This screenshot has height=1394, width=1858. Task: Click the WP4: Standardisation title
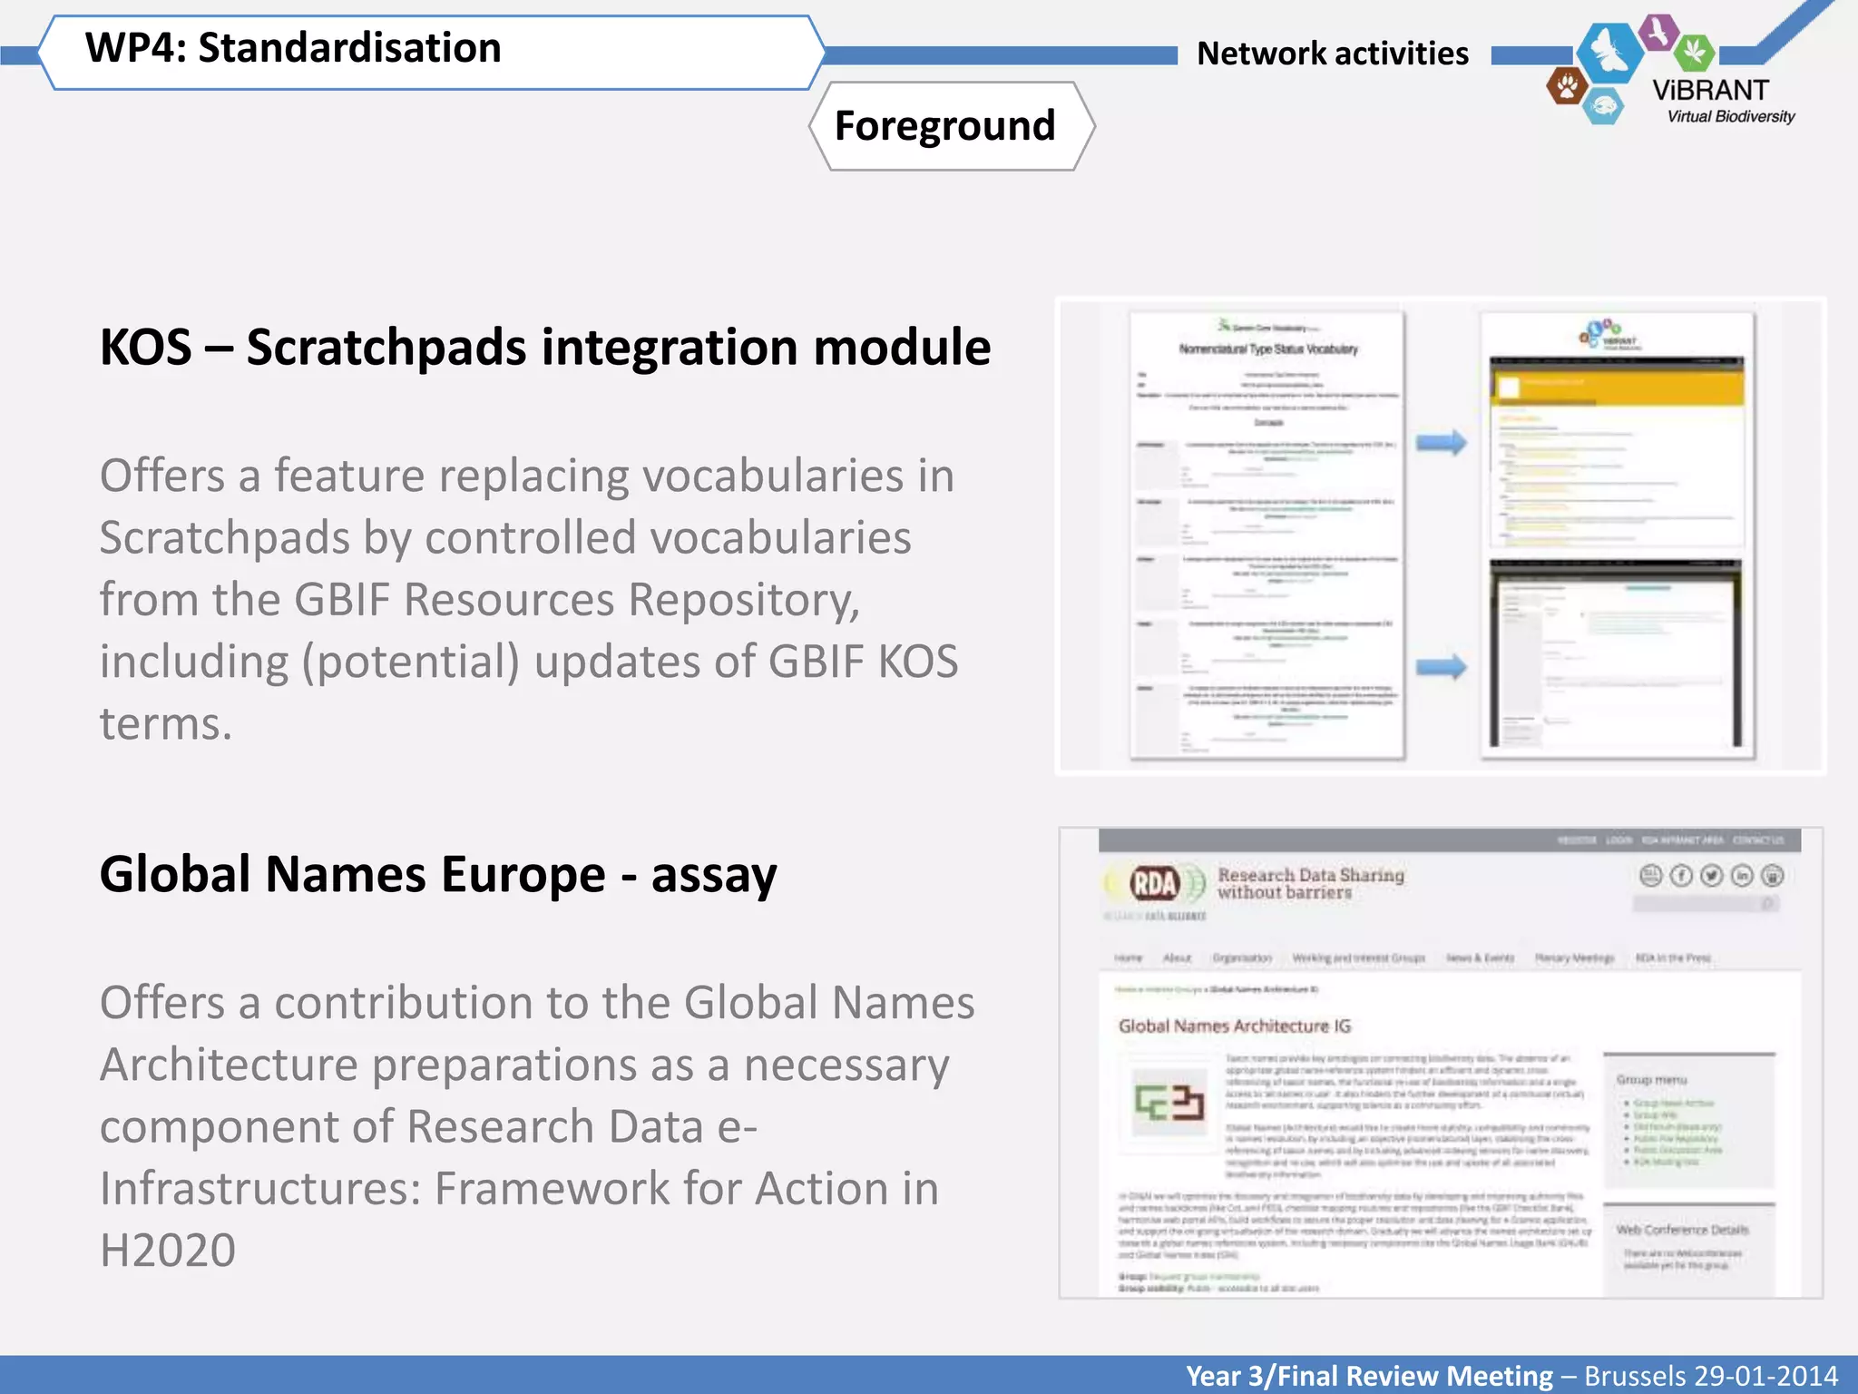tap(292, 48)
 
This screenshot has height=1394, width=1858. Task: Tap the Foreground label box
tap(945, 125)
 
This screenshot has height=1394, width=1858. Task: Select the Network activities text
tap(1332, 54)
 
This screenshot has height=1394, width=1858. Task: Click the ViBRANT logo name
tap(1710, 90)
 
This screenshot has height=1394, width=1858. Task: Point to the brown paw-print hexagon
tap(1566, 87)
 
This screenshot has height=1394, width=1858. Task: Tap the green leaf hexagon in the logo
tap(1693, 52)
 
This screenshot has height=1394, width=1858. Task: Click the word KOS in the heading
tap(145, 348)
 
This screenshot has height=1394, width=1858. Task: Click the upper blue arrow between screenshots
tap(1441, 443)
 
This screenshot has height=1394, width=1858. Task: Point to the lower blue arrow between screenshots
tap(1441, 667)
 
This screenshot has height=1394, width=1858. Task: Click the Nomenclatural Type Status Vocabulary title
tap(1268, 349)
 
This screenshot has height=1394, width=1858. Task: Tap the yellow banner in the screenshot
tap(1616, 385)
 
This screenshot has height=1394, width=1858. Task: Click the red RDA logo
tap(1154, 882)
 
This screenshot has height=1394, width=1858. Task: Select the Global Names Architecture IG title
tap(1234, 1026)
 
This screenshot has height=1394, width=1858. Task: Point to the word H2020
tap(168, 1251)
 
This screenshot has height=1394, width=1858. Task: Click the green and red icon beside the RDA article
tap(1169, 1102)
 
